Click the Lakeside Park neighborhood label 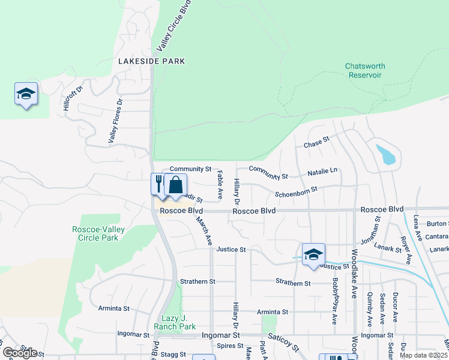click(x=151, y=61)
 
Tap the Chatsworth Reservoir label click(x=365, y=70)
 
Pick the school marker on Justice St click(x=313, y=254)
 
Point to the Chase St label click(x=317, y=145)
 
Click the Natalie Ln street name click(x=323, y=172)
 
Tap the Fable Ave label click(x=220, y=185)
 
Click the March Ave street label click(x=204, y=230)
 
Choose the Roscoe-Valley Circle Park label click(x=95, y=233)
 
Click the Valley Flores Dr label click(x=116, y=121)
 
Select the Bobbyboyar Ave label click(x=334, y=307)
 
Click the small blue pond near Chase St click(x=386, y=154)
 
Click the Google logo click(x=19, y=353)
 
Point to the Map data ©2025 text click(x=424, y=355)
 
